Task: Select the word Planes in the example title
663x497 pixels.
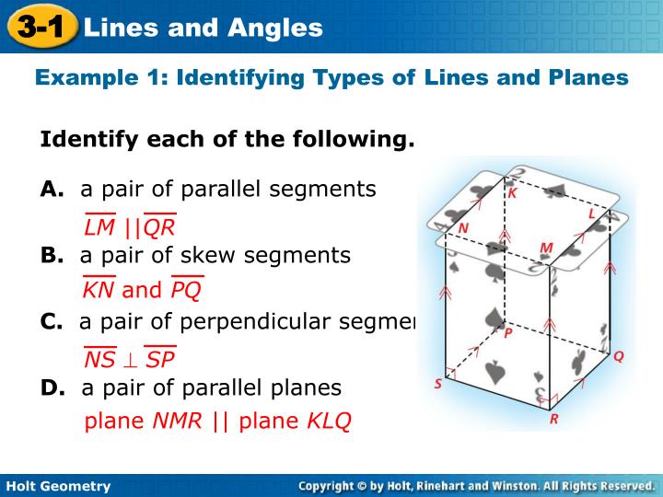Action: point(593,77)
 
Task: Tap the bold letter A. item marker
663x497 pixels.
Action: point(52,190)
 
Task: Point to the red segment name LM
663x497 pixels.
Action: point(99,227)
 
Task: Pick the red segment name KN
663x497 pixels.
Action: point(99,291)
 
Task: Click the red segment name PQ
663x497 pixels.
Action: point(186,291)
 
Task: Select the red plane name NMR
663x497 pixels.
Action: point(179,422)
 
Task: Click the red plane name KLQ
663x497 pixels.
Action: point(329,422)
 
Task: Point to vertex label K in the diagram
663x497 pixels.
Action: point(513,193)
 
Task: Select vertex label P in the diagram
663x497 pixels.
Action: point(508,338)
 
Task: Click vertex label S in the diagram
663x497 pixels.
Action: point(438,385)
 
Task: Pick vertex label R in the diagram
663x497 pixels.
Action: point(553,419)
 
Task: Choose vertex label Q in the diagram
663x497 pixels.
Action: point(619,355)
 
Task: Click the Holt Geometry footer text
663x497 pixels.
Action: point(58,486)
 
